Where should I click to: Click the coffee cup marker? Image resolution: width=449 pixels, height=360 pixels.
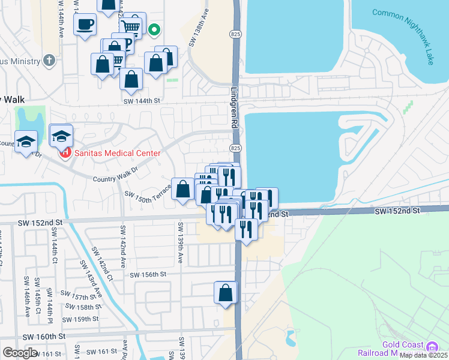click(85, 25)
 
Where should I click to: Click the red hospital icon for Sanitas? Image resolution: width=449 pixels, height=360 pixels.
click(64, 153)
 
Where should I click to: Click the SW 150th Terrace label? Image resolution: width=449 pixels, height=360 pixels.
click(147, 196)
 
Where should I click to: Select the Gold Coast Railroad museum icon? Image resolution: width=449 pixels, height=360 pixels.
click(431, 347)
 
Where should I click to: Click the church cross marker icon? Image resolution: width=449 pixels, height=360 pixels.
click(49, 61)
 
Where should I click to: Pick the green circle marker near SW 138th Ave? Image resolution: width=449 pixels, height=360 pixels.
click(154, 29)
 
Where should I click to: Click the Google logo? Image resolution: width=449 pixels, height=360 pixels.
click(20, 353)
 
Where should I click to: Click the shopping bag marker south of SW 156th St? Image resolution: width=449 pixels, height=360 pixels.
click(225, 292)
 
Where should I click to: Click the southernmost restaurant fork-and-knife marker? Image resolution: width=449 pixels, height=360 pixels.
click(246, 229)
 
